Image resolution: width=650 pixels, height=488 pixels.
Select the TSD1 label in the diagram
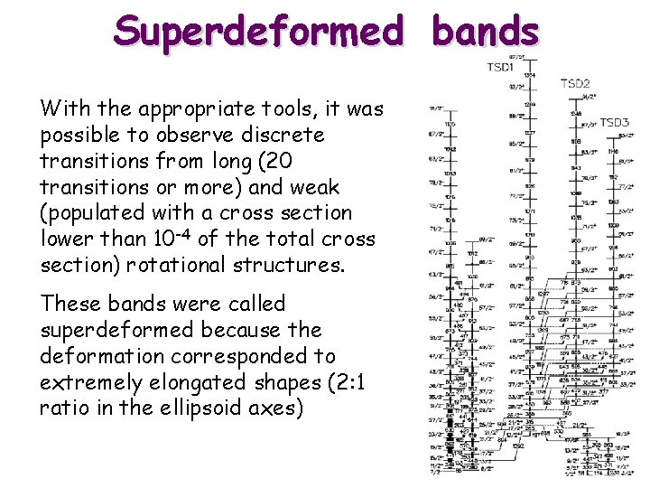pos(501,67)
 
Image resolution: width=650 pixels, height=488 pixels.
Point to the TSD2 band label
pos(575,83)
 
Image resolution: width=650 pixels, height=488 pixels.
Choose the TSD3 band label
pos(615,122)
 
